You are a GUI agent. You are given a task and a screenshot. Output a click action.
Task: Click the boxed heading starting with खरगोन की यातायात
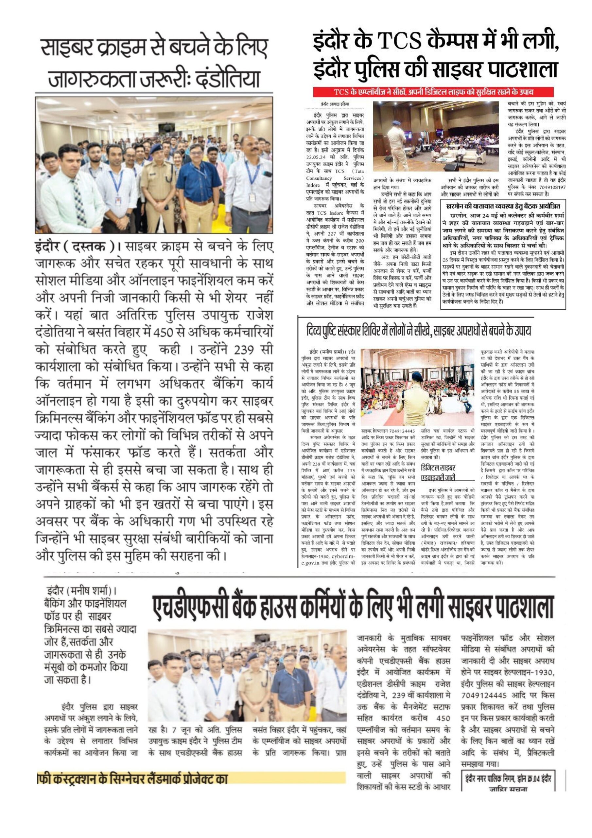tap(503, 206)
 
